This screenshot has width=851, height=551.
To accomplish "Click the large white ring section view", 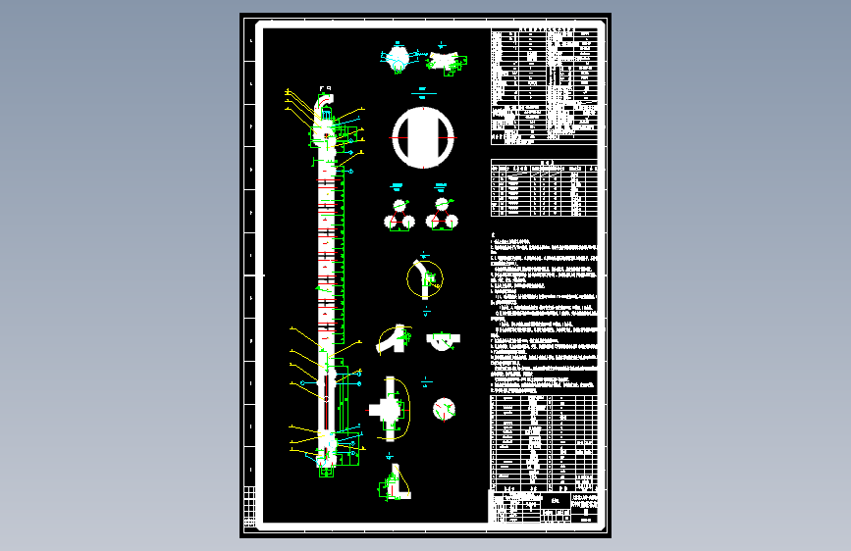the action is [424, 137].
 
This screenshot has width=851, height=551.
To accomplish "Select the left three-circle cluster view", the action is [399, 215].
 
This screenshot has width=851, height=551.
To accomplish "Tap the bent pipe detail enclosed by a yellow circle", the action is [425, 279].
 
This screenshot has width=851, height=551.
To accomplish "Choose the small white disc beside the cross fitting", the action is [444, 408].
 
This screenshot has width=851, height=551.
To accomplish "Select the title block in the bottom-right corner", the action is [543, 507].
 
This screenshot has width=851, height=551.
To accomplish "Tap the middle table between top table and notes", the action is [543, 188].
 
